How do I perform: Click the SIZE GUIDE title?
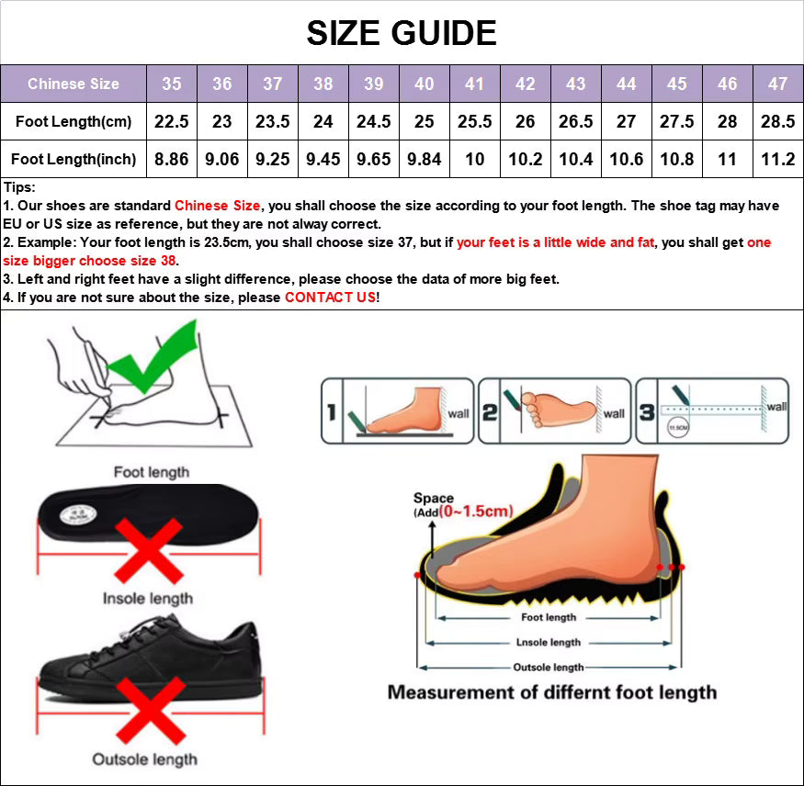[x=402, y=33]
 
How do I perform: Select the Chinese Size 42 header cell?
[x=525, y=84]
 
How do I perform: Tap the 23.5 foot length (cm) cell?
[x=272, y=121]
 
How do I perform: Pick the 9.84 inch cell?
[x=424, y=159]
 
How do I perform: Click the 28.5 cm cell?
[x=777, y=121]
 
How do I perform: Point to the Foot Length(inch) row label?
[x=74, y=159]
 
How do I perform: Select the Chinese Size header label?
[x=74, y=84]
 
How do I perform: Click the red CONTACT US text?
[x=330, y=298]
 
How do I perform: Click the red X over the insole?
[x=148, y=549]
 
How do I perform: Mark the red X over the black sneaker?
[x=148, y=708]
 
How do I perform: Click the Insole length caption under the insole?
[x=148, y=599]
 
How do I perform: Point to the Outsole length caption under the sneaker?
[x=144, y=759]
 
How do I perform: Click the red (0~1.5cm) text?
[x=475, y=511]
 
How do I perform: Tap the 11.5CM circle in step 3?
[x=679, y=427]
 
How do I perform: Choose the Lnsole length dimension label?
[x=549, y=643]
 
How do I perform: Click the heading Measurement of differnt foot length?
[x=551, y=692]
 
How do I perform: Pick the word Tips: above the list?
[x=19, y=187]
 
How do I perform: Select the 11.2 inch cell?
[x=777, y=159]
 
